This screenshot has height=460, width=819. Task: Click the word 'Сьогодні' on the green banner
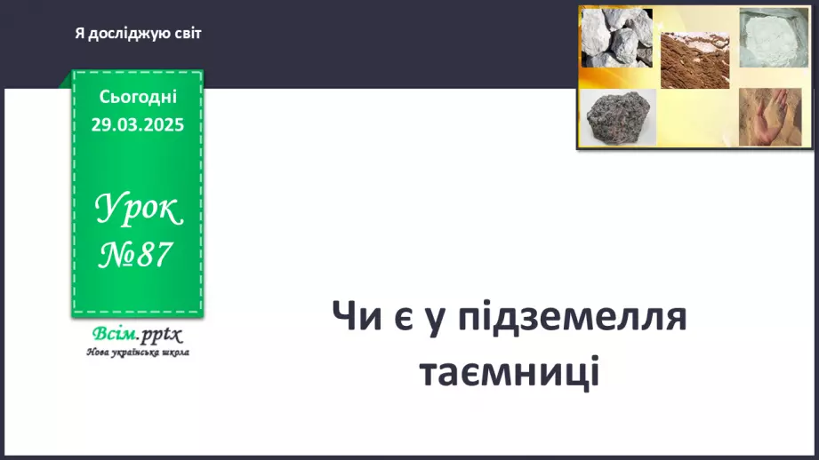click(138, 97)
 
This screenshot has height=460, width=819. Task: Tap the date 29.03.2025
click(138, 124)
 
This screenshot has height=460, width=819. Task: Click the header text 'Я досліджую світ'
click(138, 34)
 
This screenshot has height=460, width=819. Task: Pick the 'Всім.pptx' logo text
click(135, 335)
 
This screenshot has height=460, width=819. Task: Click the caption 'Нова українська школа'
click(138, 352)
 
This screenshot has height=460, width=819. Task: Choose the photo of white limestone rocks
click(616, 38)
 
